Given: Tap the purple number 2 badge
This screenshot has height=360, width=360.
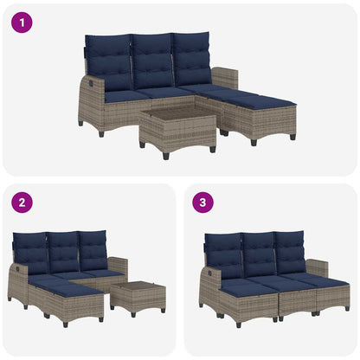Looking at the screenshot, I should click(21, 203).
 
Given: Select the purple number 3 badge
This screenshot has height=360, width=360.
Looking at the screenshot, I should click(203, 203).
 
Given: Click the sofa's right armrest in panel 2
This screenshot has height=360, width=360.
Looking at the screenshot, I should click(119, 266).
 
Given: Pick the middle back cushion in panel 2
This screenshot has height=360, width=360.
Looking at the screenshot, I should click(64, 253).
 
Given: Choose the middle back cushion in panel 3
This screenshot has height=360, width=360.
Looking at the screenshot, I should click(259, 254).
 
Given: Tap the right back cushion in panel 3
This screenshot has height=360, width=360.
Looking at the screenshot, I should click(289, 251).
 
